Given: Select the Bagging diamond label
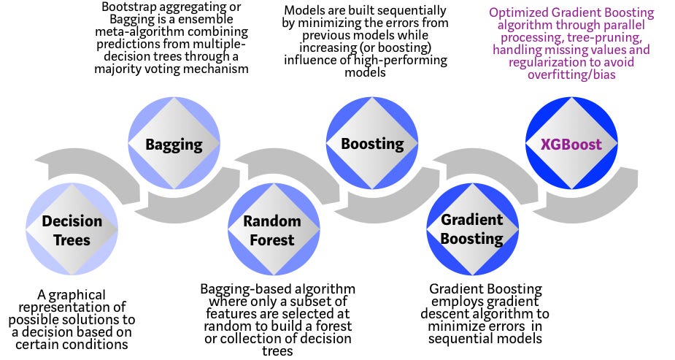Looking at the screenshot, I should click(173, 144).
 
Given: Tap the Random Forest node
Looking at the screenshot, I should click(272, 229).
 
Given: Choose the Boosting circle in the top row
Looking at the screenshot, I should click(372, 144).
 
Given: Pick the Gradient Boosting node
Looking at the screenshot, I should click(471, 229).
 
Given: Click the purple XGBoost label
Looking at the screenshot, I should click(571, 144).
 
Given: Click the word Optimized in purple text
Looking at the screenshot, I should click(517, 13).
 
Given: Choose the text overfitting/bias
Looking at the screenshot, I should click(573, 74).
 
